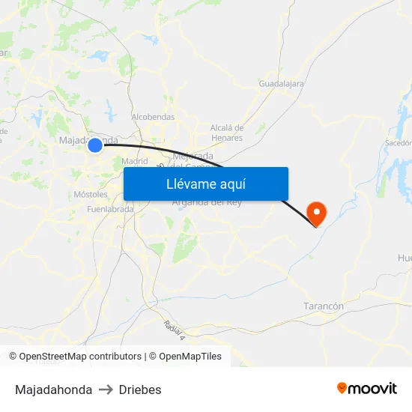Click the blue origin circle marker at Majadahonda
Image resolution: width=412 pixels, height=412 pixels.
tap(95, 145)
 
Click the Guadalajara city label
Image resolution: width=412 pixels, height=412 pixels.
tap(281, 84)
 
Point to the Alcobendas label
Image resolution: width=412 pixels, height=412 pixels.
tap(153, 117)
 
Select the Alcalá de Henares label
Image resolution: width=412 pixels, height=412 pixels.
tap(226, 133)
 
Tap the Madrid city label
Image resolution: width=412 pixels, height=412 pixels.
tap(135, 161)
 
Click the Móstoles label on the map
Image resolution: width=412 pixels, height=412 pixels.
tap(91, 195)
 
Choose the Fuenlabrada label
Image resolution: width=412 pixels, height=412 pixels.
tap(110, 210)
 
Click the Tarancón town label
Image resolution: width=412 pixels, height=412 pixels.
tap(324, 306)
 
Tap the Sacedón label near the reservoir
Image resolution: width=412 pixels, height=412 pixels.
tap(399, 142)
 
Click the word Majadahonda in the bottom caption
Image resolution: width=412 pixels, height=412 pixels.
tap(54, 390)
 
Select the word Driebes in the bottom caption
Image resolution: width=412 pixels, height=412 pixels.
tap(140, 390)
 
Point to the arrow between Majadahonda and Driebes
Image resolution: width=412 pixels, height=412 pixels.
tap(106, 390)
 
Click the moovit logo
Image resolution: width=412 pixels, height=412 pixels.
tap(366, 388)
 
